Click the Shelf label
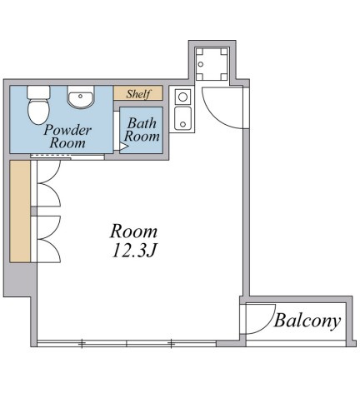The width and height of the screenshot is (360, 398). pyautogui.click(x=138, y=94)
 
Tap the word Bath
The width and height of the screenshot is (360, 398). pyautogui.click(x=142, y=123)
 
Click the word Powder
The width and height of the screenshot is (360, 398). pyautogui.click(x=67, y=130)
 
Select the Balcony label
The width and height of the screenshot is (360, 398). pyautogui.click(x=307, y=321)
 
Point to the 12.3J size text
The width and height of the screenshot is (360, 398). pyautogui.click(x=135, y=251)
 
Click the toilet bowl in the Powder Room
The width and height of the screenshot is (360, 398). pyautogui.click(x=38, y=112)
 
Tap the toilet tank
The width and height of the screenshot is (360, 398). pyautogui.click(x=38, y=92)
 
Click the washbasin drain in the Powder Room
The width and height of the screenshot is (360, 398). pyautogui.click(x=80, y=97)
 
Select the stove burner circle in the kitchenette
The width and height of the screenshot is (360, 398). pyautogui.click(x=182, y=97)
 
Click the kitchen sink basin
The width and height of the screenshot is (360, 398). pyautogui.click(x=182, y=118)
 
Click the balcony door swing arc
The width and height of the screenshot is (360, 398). pyautogui.click(x=264, y=322)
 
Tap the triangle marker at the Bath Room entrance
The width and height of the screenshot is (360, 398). pyautogui.click(x=123, y=146)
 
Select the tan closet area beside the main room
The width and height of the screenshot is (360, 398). pyautogui.click(x=20, y=211)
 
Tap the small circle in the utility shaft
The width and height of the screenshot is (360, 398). pyautogui.click(x=201, y=64)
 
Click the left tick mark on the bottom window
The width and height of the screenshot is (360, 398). pyautogui.click(x=82, y=344)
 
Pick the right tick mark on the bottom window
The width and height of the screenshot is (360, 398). pyautogui.click(x=172, y=344)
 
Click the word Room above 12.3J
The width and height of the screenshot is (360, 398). pyautogui.click(x=134, y=231)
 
